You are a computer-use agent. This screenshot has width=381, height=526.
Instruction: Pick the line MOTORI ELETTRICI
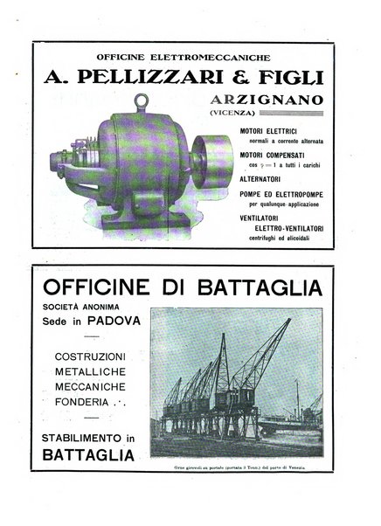click(x=268, y=131)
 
